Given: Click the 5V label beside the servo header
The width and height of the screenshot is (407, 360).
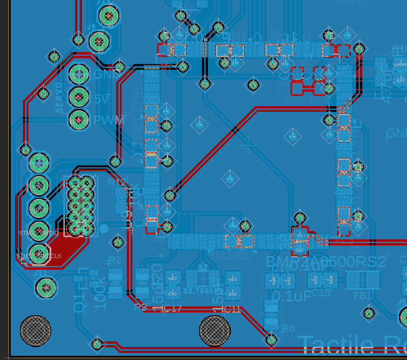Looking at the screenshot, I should coord(102,99).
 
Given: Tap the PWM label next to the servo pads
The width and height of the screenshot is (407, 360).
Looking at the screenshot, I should coord(109,120).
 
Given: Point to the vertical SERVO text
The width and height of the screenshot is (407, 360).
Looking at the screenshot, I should coord(59,98).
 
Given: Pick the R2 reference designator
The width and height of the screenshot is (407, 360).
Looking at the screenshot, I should coord(115,260).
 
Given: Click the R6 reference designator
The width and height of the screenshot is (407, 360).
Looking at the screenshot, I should coord(289,328).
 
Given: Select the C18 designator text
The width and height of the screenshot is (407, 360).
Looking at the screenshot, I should coord(321,293).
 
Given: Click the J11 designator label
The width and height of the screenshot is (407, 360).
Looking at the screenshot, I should coord(41,272).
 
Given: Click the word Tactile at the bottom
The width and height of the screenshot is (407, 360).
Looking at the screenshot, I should coord(336,346).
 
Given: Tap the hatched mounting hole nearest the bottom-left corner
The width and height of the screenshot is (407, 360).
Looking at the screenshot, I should coord(35,331).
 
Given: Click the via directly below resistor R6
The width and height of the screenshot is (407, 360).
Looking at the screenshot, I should coord(271,340).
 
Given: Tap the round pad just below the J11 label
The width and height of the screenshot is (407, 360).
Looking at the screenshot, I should coord(46,287).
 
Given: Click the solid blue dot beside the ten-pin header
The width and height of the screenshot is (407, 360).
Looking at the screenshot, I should coord(104,228).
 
